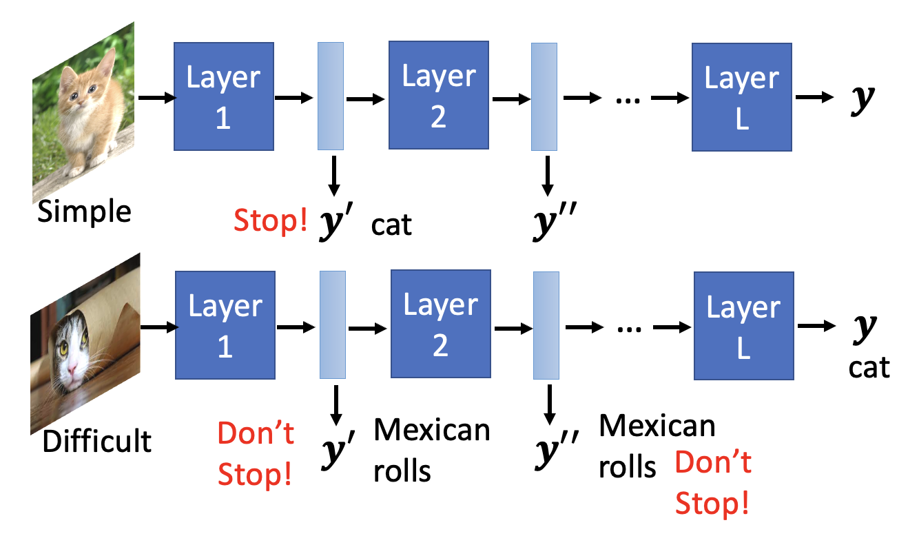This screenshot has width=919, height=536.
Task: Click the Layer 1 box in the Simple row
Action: point(223,96)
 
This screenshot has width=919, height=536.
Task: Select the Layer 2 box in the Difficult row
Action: point(440,324)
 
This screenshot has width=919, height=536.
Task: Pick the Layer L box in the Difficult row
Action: point(743,325)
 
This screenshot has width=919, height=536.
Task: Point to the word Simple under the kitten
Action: point(84,211)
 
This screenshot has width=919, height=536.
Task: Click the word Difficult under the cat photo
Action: point(96,440)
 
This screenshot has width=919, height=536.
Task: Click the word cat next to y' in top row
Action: point(391,224)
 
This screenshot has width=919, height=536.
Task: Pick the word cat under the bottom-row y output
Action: point(869,367)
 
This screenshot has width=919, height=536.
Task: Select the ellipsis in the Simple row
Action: point(628,98)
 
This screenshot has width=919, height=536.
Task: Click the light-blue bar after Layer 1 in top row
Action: point(331,96)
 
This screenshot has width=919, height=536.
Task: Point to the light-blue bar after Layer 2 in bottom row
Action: point(546,325)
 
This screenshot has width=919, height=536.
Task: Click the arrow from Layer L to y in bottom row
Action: point(816,326)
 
